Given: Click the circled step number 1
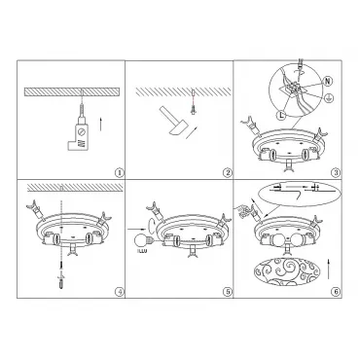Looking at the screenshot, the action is pyautogui.click(x=120, y=173).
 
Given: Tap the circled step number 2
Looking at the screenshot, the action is pyautogui.click(x=228, y=173).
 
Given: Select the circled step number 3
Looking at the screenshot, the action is pyautogui.click(x=336, y=173).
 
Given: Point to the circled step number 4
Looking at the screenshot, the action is pyautogui.click(x=120, y=292).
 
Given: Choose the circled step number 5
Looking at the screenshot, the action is pyautogui.click(x=228, y=292).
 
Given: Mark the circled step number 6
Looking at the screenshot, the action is pyautogui.click(x=336, y=292).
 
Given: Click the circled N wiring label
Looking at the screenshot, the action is pyautogui.click(x=329, y=82).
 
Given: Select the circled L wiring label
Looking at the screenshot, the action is pyautogui.click(x=281, y=114).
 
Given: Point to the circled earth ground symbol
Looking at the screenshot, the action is pyautogui.click(x=329, y=97).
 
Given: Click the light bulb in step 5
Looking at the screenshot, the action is pyautogui.click(x=143, y=241).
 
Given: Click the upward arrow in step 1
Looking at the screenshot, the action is pyautogui.click(x=101, y=125).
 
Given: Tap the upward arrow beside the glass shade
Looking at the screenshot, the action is pyautogui.click(x=329, y=269).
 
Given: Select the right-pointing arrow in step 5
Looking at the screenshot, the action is pyautogui.click(x=136, y=230).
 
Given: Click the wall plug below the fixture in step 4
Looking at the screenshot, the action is pyautogui.click(x=61, y=282).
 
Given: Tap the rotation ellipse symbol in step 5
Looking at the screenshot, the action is pyautogui.click(x=151, y=224).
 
